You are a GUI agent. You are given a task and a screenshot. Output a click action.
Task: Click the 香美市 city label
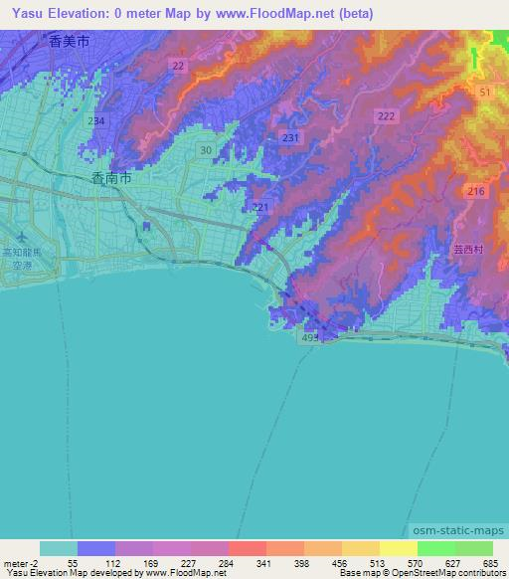(68, 42)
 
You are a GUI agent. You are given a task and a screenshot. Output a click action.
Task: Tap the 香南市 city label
(109, 179)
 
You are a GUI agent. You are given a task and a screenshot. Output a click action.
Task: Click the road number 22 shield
(178, 65)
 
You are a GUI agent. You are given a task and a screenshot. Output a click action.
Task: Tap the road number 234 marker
(95, 120)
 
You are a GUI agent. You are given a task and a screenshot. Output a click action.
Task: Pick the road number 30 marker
(205, 149)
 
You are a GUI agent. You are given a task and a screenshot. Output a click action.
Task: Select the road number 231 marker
(291, 137)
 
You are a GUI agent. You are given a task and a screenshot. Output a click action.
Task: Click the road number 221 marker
(261, 207)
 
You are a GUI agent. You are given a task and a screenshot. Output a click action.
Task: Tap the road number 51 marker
(485, 92)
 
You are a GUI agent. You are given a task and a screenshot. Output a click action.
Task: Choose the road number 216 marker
(475, 190)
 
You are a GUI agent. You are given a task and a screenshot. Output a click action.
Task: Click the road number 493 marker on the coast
(309, 339)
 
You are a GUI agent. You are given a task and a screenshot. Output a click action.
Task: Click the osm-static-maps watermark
(452, 529)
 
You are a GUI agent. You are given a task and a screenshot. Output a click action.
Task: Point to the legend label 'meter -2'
(21, 563)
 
